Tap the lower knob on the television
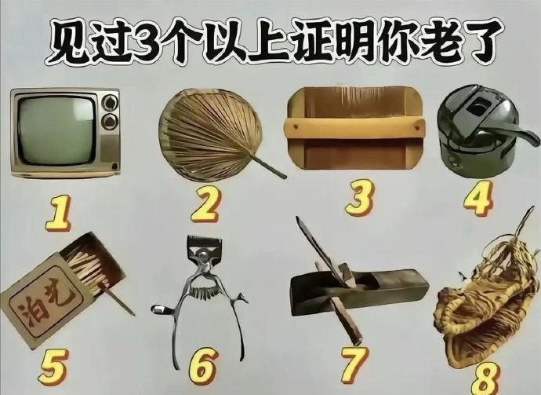coord(109,122)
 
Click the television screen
coord(56,130)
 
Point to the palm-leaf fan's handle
coord(268,167)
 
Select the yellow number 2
coord(205,204)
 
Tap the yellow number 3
coord(360,198)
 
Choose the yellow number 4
coord(477,199)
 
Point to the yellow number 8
coord(485,379)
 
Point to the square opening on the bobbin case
coord(478,107)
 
